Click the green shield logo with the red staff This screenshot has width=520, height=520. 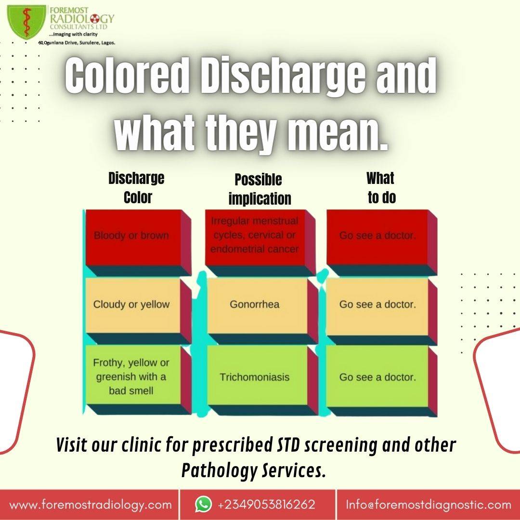tap(26, 22)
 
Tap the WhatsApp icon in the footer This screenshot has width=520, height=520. tap(203, 505)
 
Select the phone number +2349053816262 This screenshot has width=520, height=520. tap(266, 505)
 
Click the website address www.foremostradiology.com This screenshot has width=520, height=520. tap(91, 505)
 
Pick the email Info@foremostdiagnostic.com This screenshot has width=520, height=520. tap(429, 505)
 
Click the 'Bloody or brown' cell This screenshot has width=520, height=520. tap(133, 237)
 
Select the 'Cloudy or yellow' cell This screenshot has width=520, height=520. tap(133, 305)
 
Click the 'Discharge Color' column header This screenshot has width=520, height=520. tap(137, 188)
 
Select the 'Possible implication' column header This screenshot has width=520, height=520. tap(260, 189)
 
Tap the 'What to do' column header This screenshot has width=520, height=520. tap(381, 188)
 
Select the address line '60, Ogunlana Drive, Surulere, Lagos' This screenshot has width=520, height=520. tap(77, 43)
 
